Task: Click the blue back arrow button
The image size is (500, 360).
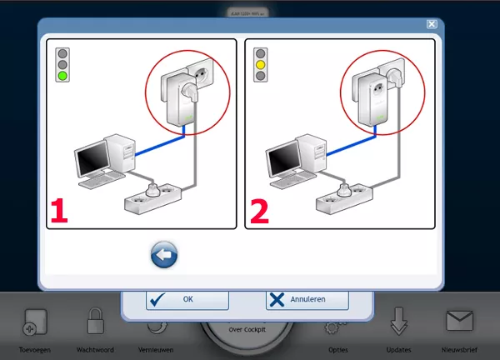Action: (164, 255)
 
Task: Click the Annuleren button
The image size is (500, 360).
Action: (307, 299)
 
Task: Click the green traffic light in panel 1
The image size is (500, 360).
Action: (62, 76)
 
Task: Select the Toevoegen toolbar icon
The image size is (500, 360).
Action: (34, 322)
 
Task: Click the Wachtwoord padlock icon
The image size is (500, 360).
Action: (95, 321)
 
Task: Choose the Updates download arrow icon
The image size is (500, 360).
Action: (398, 321)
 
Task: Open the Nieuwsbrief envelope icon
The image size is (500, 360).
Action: (459, 321)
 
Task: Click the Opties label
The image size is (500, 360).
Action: (337, 350)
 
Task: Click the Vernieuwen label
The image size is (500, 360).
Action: (156, 350)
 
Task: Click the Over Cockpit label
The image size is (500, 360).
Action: (247, 330)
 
